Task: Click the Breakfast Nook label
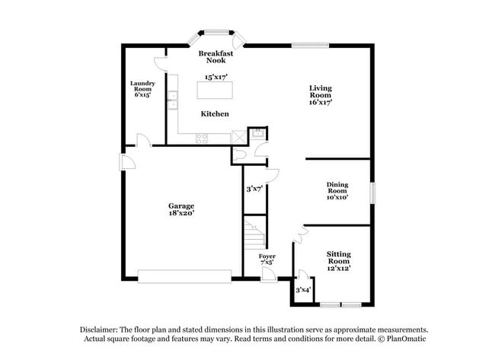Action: pos(216,57)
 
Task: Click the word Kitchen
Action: pos(215,114)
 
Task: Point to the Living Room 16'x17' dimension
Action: pos(320,101)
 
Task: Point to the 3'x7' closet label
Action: pos(254,189)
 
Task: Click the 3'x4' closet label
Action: pos(304,289)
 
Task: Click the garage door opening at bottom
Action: pos(184,276)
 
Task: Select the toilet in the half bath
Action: pos(242,154)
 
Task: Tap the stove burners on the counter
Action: pos(203,138)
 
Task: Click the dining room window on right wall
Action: pos(373,193)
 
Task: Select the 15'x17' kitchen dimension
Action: pos(216,77)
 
